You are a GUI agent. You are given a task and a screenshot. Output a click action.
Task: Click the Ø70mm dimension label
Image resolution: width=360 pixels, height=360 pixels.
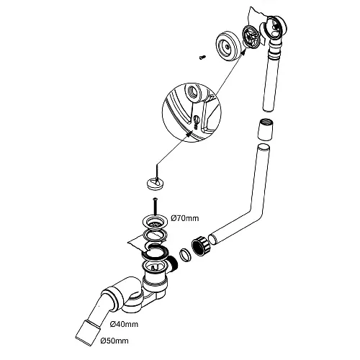coord(185,218)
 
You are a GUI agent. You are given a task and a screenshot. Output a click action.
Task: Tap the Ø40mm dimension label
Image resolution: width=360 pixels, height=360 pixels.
coord(124,324)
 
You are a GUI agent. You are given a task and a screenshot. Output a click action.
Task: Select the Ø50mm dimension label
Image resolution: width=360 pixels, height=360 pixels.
coord(114,341)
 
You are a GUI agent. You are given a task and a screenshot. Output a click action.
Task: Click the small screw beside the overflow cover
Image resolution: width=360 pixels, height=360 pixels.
coord(202,57)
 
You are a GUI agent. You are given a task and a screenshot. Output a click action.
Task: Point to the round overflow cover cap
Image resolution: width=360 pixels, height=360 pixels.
coord(228,46)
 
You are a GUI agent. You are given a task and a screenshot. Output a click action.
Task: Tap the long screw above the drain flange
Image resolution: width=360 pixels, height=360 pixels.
coord(156,206)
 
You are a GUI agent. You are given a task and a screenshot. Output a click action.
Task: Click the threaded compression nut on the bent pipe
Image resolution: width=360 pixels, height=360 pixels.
coord(201,246)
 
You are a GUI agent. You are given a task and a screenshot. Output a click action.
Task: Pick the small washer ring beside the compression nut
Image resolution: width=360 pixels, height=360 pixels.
coord(185,255)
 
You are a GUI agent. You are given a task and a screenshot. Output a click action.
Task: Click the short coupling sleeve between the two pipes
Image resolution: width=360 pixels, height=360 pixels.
coord(266,129)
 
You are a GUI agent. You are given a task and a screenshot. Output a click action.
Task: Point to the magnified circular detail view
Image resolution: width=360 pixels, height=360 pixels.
coord(192,112)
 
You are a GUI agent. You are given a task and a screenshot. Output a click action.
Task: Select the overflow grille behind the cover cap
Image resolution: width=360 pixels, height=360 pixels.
coord(250,36)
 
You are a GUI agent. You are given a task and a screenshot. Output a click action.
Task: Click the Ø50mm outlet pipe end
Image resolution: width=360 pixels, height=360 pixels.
coord(88,333)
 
